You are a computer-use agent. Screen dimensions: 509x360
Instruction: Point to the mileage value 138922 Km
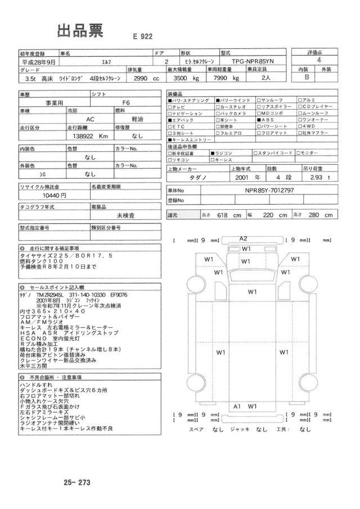(87, 136)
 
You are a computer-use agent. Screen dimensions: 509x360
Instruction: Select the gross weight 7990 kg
(224, 78)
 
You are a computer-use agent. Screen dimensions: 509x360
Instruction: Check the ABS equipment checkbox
(258, 120)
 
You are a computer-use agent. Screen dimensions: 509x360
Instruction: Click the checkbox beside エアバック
(171, 120)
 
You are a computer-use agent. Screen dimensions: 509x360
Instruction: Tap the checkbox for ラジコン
(213, 153)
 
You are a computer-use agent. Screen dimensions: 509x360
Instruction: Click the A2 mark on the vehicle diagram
(244, 238)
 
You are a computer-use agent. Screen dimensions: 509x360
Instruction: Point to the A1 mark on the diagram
(237, 406)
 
